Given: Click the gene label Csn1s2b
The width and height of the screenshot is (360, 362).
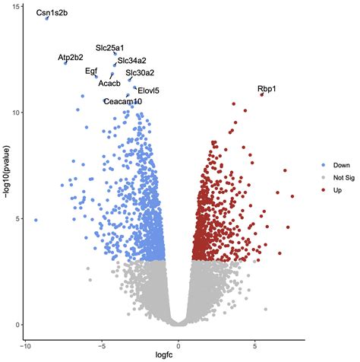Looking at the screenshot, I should pyautogui.click(x=52, y=14).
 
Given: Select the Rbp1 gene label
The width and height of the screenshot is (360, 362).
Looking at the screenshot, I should pyautogui.click(x=267, y=89).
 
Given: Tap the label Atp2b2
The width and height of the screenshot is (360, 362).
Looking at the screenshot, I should pyautogui.click(x=71, y=58).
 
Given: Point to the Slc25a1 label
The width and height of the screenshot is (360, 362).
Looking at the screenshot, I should pyautogui.click(x=109, y=48).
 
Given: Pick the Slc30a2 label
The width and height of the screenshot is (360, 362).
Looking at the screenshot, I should pyautogui.click(x=140, y=73).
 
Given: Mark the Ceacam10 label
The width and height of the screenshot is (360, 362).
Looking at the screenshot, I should pyautogui.click(x=122, y=101).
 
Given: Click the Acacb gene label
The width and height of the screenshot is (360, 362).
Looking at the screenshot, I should pyautogui.click(x=109, y=83).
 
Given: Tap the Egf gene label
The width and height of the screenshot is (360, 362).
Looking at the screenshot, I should pyautogui.click(x=91, y=71).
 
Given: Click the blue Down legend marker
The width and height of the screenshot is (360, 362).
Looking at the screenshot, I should pyautogui.click(x=322, y=164).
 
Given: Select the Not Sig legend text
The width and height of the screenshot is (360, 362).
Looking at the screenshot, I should pyautogui.click(x=343, y=176).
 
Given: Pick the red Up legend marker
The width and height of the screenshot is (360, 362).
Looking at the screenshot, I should pyautogui.click(x=322, y=189).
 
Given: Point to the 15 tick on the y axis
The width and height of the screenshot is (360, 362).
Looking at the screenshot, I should pyautogui.click(x=17, y=7).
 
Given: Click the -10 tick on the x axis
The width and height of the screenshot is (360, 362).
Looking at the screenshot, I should pyautogui.click(x=26, y=345).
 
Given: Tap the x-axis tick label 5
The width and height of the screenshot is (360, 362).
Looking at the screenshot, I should pyautogui.click(x=254, y=345).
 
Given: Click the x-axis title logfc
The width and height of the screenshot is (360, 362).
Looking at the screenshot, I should pyautogui.click(x=178, y=356).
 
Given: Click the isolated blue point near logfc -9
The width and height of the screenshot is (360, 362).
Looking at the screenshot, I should pyautogui.click(x=36, y=220).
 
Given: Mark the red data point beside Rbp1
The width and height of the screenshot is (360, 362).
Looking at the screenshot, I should pyautogui.click(x=261, y=95).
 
